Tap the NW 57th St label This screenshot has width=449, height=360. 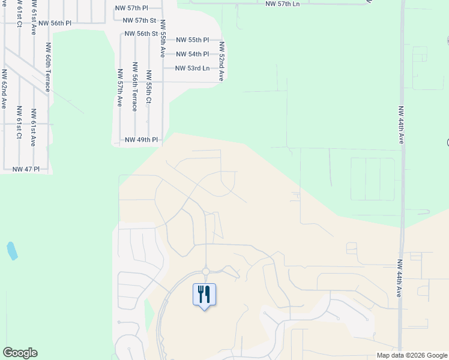pyautogui.click(x=139, y=20)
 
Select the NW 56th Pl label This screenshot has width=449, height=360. pyautogui.click(x=55, y=23)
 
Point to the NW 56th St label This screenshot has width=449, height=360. pyautogui.click(x=141, y=34)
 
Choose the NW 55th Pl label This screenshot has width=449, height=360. pyautogui.click(x=192, y=40)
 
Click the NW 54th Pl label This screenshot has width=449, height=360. pyautogui.click(x=192, y=54)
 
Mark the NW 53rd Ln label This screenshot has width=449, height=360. pyautogui.click(x=192, y=68)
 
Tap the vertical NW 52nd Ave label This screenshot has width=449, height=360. pyautogui.click(x=221, y=61)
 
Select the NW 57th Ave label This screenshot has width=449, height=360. pyautogui.click(x=120, y=88)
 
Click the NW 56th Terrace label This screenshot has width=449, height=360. pyautogui.click(x=134, y=86)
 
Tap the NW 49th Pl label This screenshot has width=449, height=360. pyautogui.click(x=141, y=140)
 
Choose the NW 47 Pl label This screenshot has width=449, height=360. pyautogui.click(x=26, y=170)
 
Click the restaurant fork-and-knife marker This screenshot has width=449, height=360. pyautogui.click(x=204, y=295)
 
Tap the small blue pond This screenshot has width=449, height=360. pyautogui.click(x=11, y=251)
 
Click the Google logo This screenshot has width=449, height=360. pyautogui.click(x=20, y=353)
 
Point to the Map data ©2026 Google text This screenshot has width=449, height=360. pyautogui.click(x=411, y=355)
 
